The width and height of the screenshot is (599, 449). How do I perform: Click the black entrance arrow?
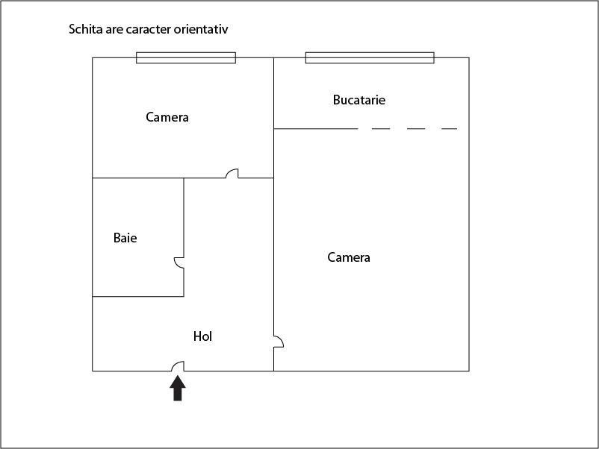pyautogui.click(x=178, y=389)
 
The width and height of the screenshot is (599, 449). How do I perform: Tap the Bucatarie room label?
pyautogui.click(x=359, y=100)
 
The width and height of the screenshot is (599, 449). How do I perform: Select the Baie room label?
pyautogui.click(x=125, y=238)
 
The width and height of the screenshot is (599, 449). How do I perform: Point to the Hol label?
pyautogui.click(x=203, y=336)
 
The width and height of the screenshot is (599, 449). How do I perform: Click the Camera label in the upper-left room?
pyautogui.click(x=167, y=117)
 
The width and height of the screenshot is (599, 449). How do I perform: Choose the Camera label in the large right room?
pyautogui.click(x=349, y=257)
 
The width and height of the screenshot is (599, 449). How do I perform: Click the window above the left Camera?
pyautogui.click(x=186, y=57)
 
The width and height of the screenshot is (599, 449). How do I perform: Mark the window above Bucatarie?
pyautogui.click(x=370, y=57)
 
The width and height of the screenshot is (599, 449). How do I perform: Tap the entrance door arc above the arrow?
pyautogui.click(x=179, y=366)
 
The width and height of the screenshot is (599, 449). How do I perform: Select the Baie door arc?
pyautogui.click(x=179, y=263)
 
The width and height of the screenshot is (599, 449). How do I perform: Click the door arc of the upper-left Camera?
pyautogui.click(x=232, y=174)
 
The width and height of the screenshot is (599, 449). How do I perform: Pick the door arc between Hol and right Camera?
pyautogui.click(x=278, y=342)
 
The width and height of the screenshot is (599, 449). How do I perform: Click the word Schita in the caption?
pyautogui.click(x=86, y=30)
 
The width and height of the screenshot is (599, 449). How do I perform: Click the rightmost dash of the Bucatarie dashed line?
pyautogui.click(x=449, y=129)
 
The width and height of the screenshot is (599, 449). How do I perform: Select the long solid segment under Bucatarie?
pyautogui.click(x=316, y=129)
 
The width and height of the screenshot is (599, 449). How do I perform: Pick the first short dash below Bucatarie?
pyautogui.click(x=381, y=129)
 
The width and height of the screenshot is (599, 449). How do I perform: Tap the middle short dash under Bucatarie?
pyautogui.click(x=416, y=129)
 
